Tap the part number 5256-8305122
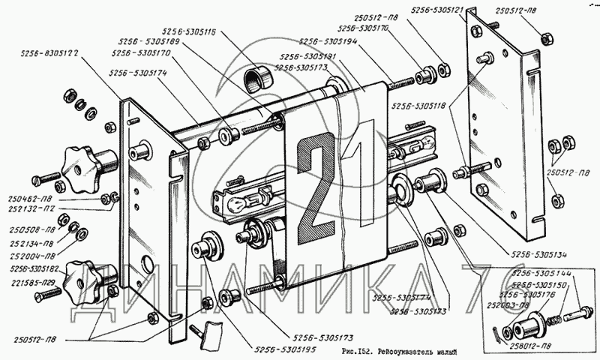coord(50,53)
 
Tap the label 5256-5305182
coord(31,267)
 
